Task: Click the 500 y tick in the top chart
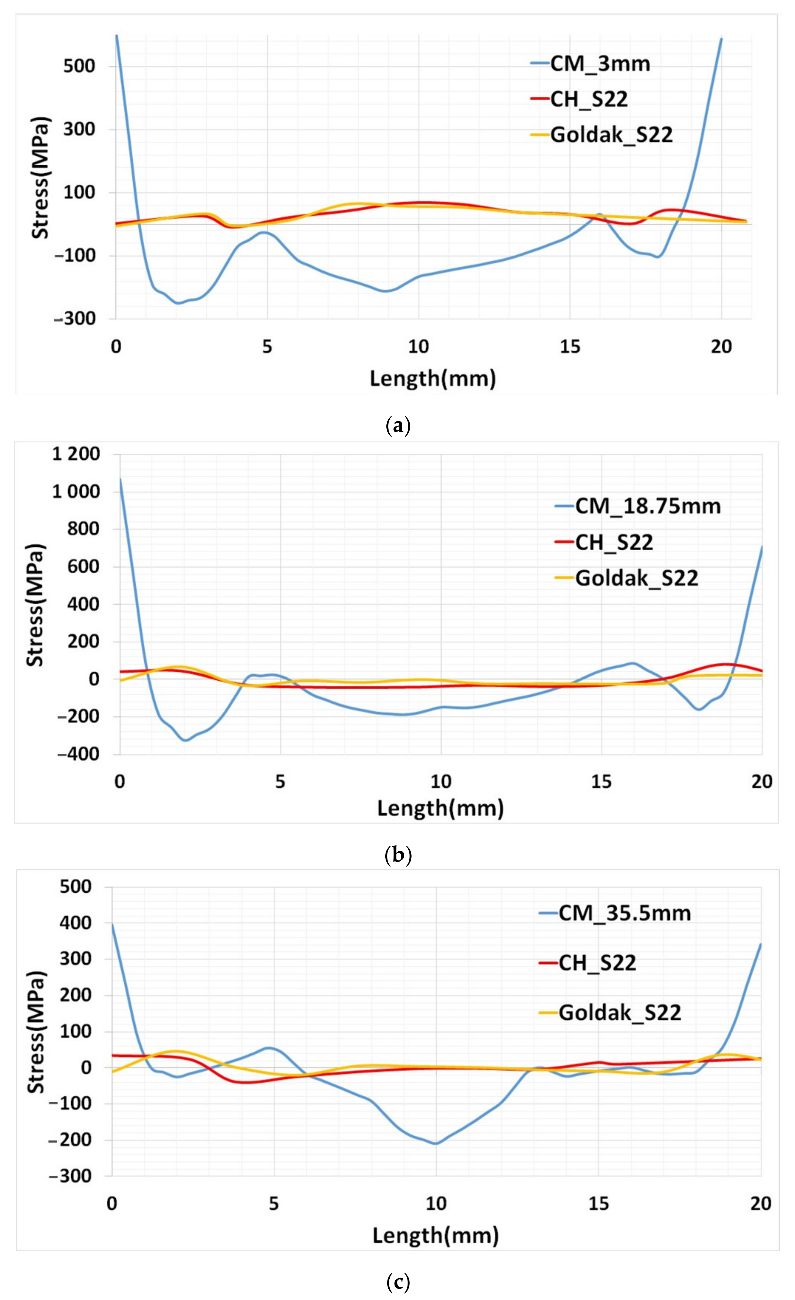tap(79, 66)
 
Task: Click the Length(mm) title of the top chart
tap(433, 379)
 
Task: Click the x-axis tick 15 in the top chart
tap(570, 347)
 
